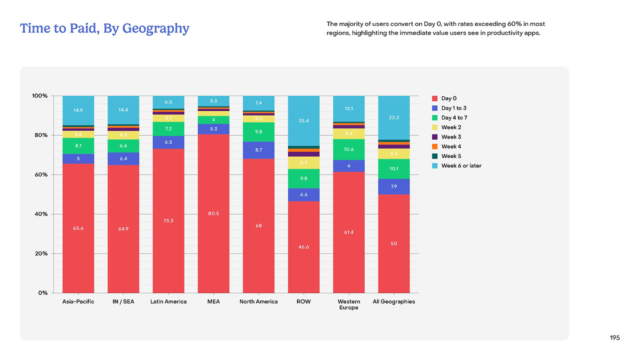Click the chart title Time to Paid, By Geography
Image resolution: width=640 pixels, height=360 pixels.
tap(104, 28)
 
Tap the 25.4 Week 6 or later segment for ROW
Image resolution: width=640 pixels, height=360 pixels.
tap(303, 120)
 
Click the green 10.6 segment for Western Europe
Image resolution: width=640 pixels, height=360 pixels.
tap(348, 149)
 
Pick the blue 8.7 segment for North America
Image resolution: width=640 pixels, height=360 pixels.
tap(258, 150)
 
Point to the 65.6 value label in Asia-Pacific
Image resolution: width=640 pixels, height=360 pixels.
tap(78, 228)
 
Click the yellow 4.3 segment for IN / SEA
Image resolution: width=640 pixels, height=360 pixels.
tap(123, 135)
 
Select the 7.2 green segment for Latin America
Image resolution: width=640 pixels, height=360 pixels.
tap(168, 129)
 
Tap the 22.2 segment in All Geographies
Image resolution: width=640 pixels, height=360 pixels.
tap(393, 117)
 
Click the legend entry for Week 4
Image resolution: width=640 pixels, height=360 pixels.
tap(450, 146)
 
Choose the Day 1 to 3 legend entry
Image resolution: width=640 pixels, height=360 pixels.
tap(453, 108)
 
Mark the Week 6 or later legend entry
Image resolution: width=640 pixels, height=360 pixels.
tap(460, 165)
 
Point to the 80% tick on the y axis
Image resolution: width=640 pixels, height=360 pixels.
tap(40, 135)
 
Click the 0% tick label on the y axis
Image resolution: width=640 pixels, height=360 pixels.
tap(42, 293)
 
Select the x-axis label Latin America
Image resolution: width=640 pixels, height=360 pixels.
tap(168, 301)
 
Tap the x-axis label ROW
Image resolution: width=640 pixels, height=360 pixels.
tap(303, 301)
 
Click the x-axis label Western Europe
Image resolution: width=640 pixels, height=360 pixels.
tap(348, 304)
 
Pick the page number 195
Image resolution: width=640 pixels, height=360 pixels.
tap(614, 338)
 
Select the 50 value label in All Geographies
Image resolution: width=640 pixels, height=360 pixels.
tap(393, 243)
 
